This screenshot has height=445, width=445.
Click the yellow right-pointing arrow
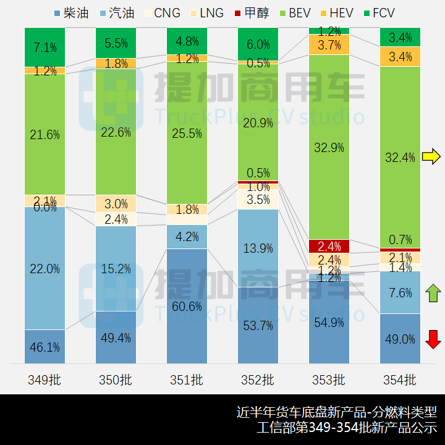tap(431, 156)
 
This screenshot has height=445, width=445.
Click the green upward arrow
tap(433, 292)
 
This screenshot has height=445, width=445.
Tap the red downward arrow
tap(433, 339)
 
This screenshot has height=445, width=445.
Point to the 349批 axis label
tap(44, 379)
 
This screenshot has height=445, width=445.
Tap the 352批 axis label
tap(258, 379)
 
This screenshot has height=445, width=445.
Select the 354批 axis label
tap(400, 379)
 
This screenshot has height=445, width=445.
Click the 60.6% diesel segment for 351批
tap(187, 306)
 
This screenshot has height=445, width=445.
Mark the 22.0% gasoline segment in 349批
tap(44, 268)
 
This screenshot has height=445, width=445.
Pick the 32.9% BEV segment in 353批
tap(329, 147)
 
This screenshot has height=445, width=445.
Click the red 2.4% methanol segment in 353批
tap(329, 246)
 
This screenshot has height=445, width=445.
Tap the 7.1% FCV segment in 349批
tap(44, 47)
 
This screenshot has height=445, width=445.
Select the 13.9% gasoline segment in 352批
tap(258, 248)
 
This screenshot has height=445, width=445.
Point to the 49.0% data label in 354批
tap(400, 339)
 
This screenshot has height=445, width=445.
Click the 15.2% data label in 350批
tap(116, 268)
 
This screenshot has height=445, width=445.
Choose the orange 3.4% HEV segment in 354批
tap(400, 57)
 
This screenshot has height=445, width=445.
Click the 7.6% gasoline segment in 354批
tap(400, 292)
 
